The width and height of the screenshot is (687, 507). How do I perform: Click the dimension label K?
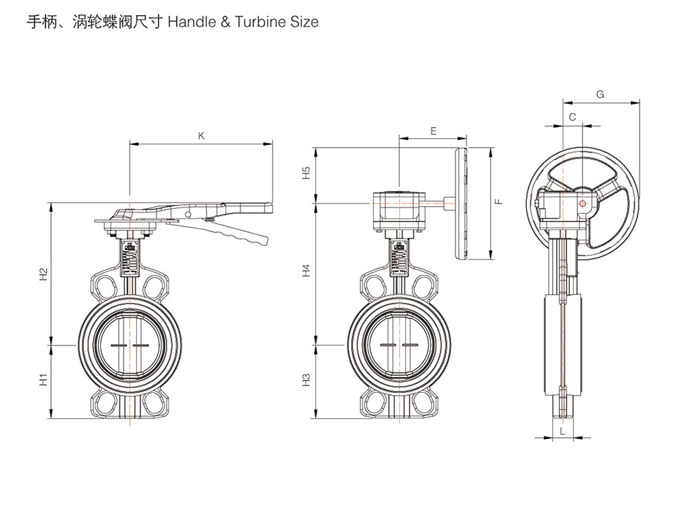click(x=201, y=136)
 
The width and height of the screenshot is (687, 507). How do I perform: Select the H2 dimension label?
click(x=43, y=274)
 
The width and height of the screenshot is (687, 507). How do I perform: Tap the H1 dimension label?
click(x=43, y=379)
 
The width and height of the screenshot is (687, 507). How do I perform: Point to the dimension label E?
click(x=433, y=130)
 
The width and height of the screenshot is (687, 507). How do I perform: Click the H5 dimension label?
click(x=307, y=173)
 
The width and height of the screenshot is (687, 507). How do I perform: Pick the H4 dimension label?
click(x=307, y=271)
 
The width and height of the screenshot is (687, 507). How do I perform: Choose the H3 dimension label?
click(x=307, y=379)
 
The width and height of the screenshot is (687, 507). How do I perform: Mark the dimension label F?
click(x=499, y=201)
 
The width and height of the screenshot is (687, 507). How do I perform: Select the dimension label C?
click(x=572, y=117)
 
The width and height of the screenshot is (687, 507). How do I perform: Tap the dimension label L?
click(x=563, y=431)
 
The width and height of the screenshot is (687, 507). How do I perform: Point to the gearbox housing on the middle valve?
click(x=398, y=209)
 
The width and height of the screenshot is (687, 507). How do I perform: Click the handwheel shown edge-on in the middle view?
click(x=461, y=205)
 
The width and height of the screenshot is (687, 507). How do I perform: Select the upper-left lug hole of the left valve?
click(x=105, y=286)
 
